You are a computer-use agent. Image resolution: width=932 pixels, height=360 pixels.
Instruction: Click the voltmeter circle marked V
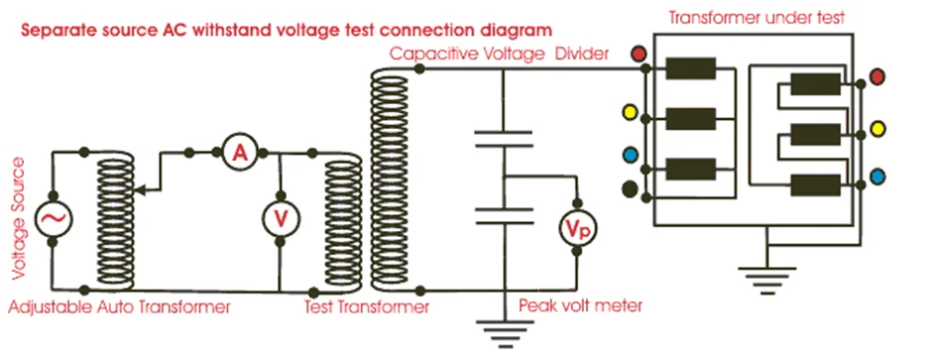[x=279, y=219]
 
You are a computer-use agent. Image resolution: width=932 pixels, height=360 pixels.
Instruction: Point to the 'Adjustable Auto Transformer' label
[x=119, y=307]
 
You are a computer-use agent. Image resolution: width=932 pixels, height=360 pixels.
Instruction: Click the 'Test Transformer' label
[x=366, y=307]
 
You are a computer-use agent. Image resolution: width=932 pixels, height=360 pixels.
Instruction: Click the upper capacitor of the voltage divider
[x=504, y=139]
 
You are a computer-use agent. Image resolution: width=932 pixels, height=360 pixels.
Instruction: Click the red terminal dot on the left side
[x=639, y=54]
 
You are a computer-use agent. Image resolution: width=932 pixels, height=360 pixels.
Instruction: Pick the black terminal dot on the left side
[x=629, y=188]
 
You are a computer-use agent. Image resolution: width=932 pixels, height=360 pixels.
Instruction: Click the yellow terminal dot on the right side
[x=876, y=129]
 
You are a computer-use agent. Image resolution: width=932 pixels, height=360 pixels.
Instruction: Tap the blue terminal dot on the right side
[x=876, y=177]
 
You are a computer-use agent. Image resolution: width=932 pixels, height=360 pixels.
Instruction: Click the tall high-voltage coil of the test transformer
[x=386, y=179]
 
